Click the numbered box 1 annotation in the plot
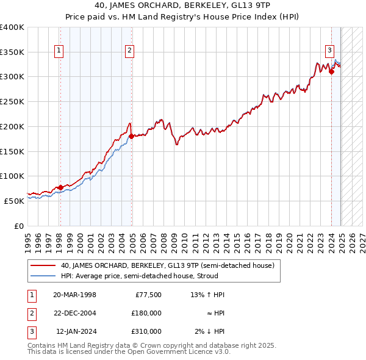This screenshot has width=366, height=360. pos(60,51)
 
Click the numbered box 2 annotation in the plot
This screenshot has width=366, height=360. pos(131,51)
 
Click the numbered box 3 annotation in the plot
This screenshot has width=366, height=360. pos(329,51)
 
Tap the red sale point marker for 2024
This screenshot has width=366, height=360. pos(331,72)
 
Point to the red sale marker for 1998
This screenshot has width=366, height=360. pos(60,187)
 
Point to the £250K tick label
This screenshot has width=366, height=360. pos(12,102)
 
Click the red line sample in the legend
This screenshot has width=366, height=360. pos(43,265)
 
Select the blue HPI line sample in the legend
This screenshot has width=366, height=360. pos(43,276)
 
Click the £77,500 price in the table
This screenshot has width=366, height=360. pos(148,295)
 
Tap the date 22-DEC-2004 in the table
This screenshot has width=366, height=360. pos(76,313)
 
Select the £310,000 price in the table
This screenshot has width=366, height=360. pos(146,331)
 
